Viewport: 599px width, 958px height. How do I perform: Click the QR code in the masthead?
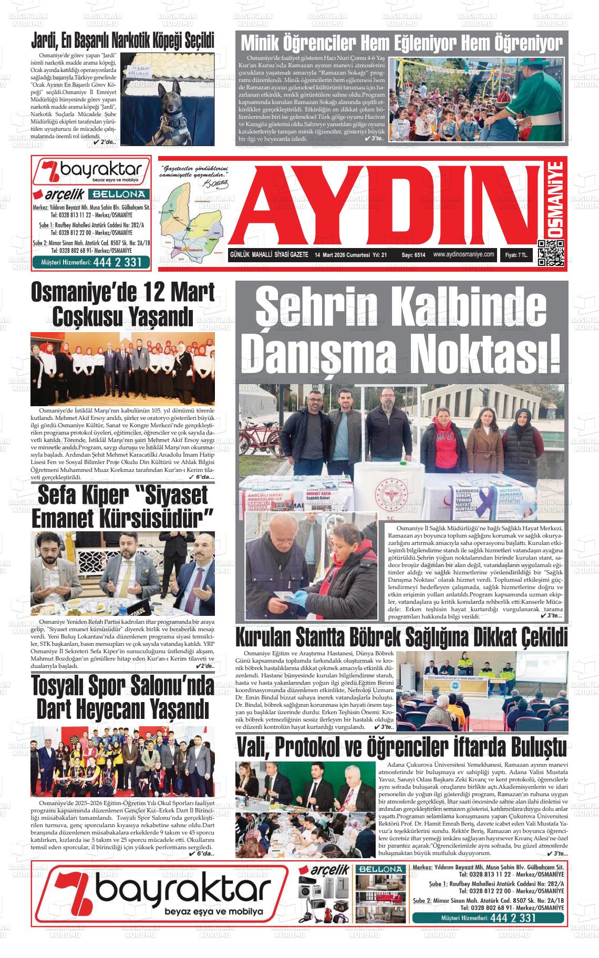tap(551, 253)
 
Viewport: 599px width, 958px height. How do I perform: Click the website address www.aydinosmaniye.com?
tap(464, 254)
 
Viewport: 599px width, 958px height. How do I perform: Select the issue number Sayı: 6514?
tap(414, 255)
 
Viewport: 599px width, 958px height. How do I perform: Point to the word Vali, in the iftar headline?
tap(253, 747)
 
